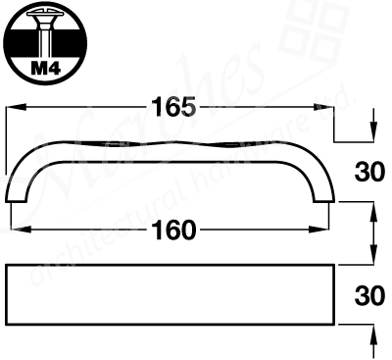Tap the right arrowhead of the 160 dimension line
pyautogui.click(x=324, y=231)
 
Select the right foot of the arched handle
pyautogui.click(x=324, y=199)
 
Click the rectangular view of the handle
pyautogui.click(x=171, y=293)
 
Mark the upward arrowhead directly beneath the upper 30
pyautogui.click(x=373, y=208)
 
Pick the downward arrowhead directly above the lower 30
pyautogui.click(x=373, y=257)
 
